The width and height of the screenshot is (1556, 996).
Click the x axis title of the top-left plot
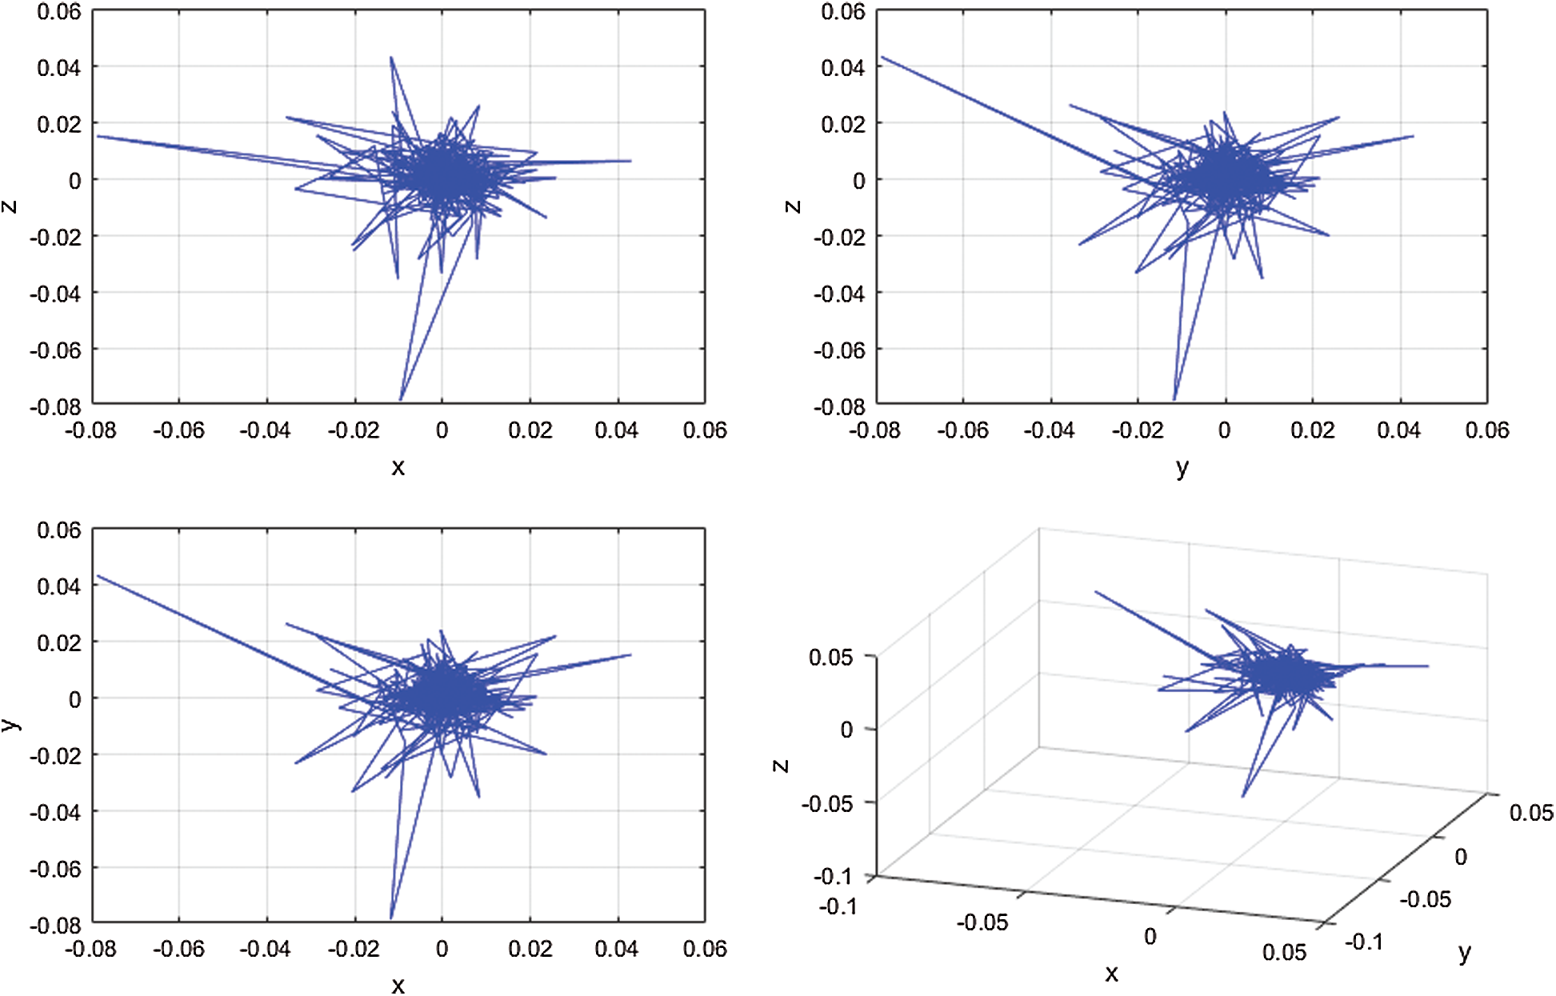(x=398, y=467)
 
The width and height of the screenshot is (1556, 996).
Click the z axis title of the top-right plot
(x=792, y=206)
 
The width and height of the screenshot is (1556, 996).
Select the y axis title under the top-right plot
(x=1182, y=468)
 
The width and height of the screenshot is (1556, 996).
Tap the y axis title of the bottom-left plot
(x=10, y=724)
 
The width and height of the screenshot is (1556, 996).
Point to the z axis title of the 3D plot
(x=781, y=766)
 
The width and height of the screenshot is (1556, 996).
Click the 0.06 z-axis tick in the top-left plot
(x=59, y=12)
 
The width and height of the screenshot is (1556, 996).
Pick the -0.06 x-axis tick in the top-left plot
(x=178, y=430)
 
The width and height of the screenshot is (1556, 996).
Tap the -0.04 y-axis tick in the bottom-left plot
(x=56, y=812)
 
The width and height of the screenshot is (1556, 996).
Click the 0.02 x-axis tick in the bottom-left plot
(x=530, y=949)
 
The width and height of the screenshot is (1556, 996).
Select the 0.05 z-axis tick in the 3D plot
(x=830, y=658)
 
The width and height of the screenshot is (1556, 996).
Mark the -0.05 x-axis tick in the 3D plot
(x=982, y=922)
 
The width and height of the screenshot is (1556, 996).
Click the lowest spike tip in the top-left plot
(x=401, y=399)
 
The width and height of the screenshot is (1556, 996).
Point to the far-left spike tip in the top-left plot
(x=98, y=137)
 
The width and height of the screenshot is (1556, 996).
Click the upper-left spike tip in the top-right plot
(x=882, y=58)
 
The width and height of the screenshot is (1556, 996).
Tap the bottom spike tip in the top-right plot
(x=1174, y=399)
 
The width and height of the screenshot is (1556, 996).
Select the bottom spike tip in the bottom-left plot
(x=391, y=918)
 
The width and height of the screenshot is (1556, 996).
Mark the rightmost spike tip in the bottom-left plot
(x=631, y=655)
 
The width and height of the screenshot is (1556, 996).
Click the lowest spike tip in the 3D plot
(x=1242, y=796)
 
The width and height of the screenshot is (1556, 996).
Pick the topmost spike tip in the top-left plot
(x=390, y=58)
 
